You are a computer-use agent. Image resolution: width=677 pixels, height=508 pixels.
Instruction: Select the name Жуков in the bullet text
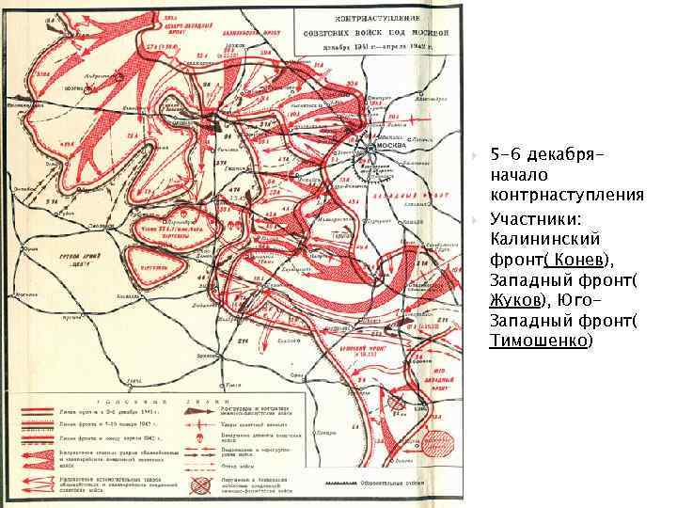click(515, 302)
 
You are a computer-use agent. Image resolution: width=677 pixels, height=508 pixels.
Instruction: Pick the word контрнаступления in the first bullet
click(566, 195)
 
